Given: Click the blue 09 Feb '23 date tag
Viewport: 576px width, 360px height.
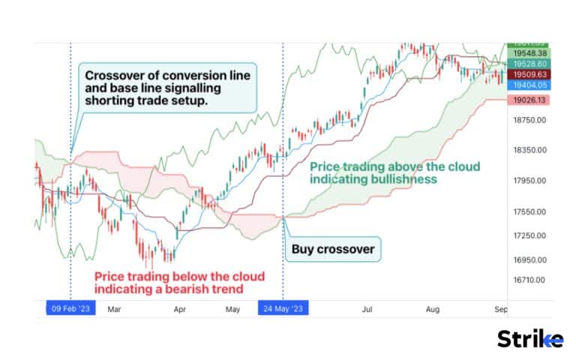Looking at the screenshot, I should pos(70,308).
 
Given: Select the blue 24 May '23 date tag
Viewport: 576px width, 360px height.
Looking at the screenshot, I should pos(283,308).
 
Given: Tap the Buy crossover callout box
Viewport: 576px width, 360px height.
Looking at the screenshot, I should pos(331,248).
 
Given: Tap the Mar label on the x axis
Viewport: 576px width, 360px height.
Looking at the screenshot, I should pos(115,308).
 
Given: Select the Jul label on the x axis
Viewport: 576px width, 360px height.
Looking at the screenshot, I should pos(367,308).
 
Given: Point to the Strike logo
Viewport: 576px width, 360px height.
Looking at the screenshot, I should pos(530,339).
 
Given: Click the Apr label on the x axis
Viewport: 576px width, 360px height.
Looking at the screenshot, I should pos(180,308).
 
